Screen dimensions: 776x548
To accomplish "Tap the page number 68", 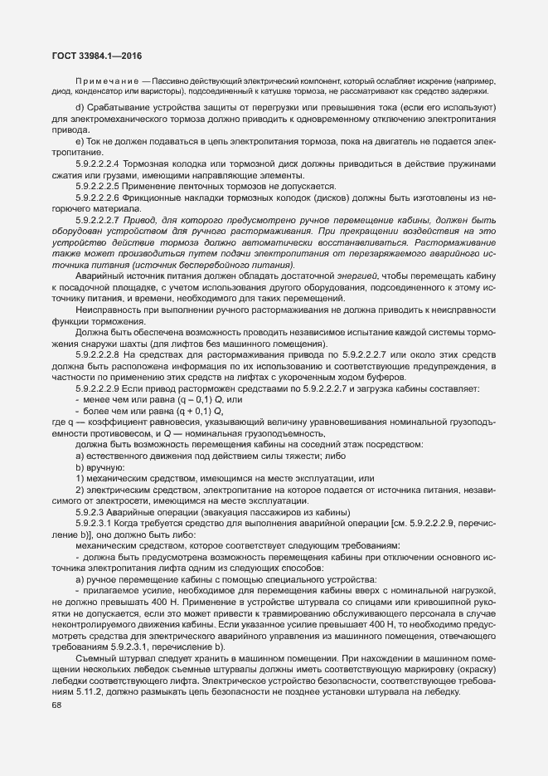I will point(56,705).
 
